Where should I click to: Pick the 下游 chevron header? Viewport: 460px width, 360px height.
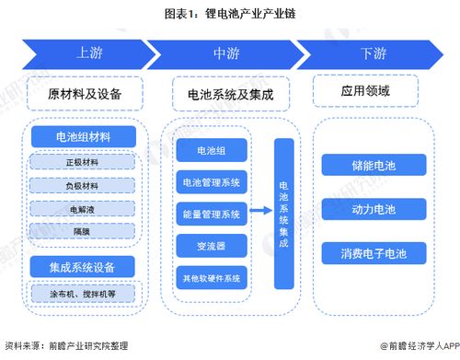372,53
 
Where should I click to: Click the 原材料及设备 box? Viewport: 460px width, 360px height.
85,93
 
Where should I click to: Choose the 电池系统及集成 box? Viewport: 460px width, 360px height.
230,93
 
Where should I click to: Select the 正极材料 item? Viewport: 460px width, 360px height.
84,163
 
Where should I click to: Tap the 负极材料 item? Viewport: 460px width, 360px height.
84,185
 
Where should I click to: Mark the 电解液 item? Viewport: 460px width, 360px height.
84,207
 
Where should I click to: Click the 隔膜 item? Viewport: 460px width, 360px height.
84,229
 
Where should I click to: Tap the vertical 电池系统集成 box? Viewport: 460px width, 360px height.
283,212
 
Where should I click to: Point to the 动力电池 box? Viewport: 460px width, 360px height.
373,210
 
